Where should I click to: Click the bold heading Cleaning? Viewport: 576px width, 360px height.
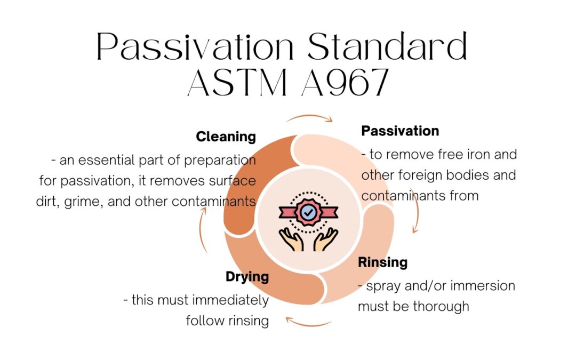(226, 137)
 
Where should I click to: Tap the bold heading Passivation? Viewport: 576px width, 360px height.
(400, 131)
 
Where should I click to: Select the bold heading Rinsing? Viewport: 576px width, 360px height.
(383, 262)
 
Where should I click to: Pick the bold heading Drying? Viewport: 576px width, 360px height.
(247, 277)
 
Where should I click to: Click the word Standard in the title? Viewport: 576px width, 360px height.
(388, 46)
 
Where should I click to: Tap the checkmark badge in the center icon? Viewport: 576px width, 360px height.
(309, 212)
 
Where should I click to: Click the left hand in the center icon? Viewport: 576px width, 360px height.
(291, 239)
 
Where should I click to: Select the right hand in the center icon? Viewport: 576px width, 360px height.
(325, 239)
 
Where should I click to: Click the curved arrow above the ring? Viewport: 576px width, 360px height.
(310, 116)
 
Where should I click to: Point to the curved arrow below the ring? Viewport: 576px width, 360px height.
(309, 323)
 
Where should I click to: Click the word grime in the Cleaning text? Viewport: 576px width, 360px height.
(84, 202)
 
